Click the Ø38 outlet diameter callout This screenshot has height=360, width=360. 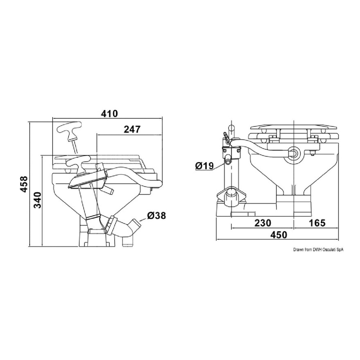[x=156, y=216]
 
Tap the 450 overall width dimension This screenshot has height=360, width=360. [x=279, y=235]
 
